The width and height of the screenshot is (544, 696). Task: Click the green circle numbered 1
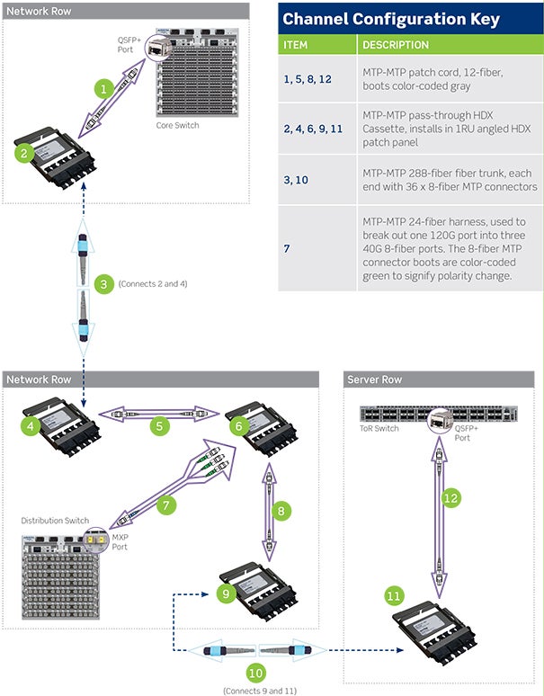coord(105,89)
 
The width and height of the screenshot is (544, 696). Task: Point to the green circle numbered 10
coord(256,671)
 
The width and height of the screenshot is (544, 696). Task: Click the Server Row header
coord(374,380)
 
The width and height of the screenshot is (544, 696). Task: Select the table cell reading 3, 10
coord(298,180)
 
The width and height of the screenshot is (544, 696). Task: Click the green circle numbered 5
coord(159,426)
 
